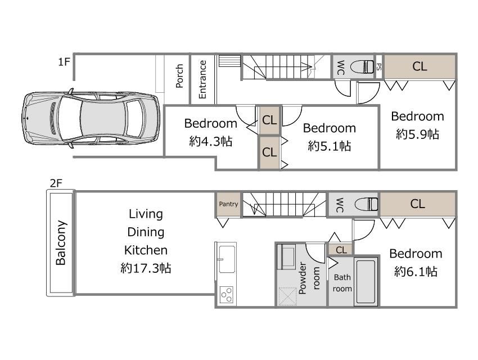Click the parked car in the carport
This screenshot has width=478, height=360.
91,118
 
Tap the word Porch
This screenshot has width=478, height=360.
179,76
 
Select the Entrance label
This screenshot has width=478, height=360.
202,79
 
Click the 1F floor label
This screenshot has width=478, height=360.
64,62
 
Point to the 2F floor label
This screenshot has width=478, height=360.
56,183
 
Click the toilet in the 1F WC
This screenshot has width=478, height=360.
362,66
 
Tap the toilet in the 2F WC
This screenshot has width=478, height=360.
367,204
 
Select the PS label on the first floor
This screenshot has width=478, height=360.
378,67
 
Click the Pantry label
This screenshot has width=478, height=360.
228,204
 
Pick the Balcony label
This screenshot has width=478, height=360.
61,242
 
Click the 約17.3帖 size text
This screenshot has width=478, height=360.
146,268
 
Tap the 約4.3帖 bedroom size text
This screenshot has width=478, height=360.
211,141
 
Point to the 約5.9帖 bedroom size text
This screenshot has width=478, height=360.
417,134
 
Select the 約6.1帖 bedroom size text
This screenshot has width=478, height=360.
416,271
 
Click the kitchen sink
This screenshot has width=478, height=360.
227,259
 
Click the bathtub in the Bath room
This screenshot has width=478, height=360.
366,282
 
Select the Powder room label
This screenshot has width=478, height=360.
309,278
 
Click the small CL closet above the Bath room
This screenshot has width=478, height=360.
341,250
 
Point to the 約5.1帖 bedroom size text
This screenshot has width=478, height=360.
329,146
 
